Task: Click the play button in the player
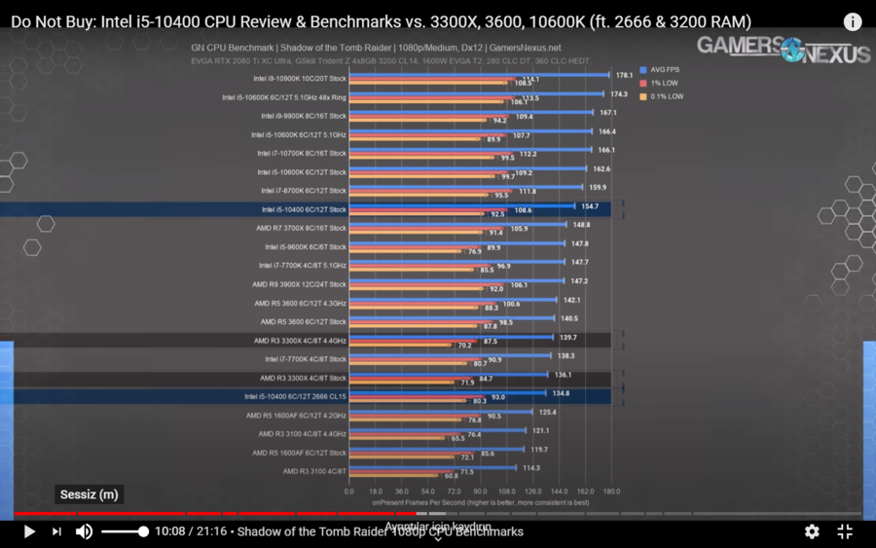pos(29,531)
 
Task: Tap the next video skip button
pos(56,531)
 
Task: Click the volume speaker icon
pos(85,531)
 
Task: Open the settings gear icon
pos(812,531)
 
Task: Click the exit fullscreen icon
pos(845,531)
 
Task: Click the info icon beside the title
pos(852,21)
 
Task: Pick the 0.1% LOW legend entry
pos(661,96)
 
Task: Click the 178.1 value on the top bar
pos(625,75)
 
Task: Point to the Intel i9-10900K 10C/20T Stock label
pos(300,79)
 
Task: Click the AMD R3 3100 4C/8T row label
pos(314,471)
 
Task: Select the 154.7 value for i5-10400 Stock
pos(591,206)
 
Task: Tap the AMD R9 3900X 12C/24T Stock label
pos(299,284)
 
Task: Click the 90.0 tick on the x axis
pos(480,492)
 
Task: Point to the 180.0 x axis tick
pos(611,492)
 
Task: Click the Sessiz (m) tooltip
pos(89,494)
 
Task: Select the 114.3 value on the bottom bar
pos(530,468)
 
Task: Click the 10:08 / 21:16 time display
pos(193,531)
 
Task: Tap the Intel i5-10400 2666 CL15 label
pos(295,396)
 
